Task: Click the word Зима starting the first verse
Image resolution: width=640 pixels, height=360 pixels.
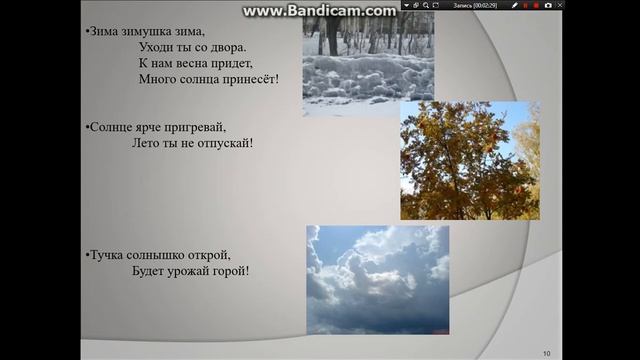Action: click(x=103, y=31)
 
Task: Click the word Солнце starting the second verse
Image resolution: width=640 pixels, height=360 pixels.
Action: click(x=112, y=127)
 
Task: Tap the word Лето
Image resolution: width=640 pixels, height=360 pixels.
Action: click(x=146, y=143)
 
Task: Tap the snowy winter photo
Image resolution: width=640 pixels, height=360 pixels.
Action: click(x=368, y=62)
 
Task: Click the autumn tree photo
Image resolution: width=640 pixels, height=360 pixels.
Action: click(x=469, y=160)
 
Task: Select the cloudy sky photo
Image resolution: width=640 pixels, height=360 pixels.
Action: click(x=377, y=279)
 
